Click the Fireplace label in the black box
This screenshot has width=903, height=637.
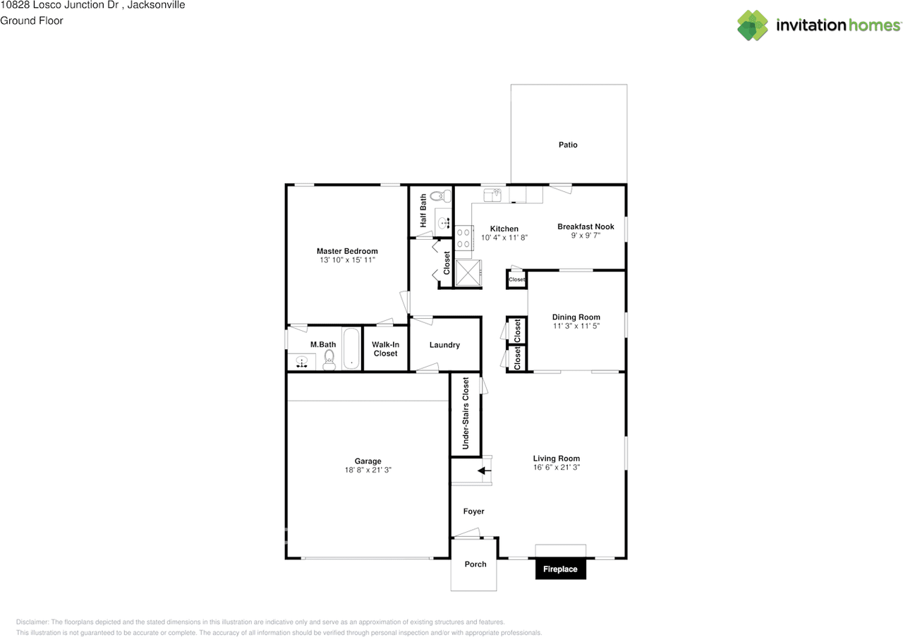tap(560, 569)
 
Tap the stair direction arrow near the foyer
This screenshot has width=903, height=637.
tap(485, 471)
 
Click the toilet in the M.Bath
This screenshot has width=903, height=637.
tap(328, 361)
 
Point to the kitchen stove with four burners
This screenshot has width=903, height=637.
tap(463, 238)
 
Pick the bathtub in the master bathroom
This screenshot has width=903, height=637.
tap(351, 348)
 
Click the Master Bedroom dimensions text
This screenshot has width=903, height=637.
tap(346, 260)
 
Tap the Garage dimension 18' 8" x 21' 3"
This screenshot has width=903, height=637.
tap(368, 470)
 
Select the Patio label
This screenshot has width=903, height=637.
tap(568, 145)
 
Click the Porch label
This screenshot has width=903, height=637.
tap(475, 564)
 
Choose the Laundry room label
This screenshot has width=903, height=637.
tap(444, 345)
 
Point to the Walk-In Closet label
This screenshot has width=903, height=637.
tap(385, 349)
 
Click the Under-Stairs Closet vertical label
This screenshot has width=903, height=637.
tap(466, 413)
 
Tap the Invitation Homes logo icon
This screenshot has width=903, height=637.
tap(753, 25)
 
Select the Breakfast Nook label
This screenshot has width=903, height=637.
tap(586, 226)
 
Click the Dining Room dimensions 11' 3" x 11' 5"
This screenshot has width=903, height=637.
tap(576, 327)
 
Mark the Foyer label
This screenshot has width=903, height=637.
tap(473, 511)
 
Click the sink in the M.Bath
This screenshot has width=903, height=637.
tap(303, 363)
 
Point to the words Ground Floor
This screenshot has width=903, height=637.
tap(32, 20)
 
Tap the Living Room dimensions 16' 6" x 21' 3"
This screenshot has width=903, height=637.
tap(557, 468)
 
